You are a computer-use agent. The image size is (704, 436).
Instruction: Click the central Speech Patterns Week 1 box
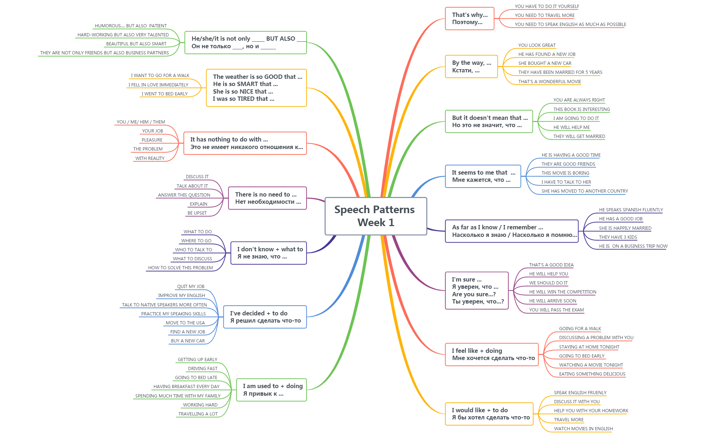[376, 216]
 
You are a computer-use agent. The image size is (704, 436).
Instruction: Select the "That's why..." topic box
[469, 18]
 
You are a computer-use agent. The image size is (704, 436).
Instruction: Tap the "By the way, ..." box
[471, 67]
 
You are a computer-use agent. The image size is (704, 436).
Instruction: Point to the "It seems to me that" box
[483, 176]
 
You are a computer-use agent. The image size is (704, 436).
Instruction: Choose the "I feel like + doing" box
[491, 354]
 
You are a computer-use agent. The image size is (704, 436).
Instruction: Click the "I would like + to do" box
[489, 414]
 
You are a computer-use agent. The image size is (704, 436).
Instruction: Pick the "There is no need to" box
[267, 198]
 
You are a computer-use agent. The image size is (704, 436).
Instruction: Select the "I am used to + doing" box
[271, 390]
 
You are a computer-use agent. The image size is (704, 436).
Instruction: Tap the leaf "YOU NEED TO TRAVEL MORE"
[544, 15]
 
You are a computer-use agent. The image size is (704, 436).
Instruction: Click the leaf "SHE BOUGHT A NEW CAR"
[545, 63]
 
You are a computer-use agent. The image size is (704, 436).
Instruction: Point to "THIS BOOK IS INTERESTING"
[581, 109]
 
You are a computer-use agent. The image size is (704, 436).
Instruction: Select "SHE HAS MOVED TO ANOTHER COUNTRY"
[585, 191]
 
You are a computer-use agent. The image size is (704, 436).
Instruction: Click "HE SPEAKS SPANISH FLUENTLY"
[631, 210]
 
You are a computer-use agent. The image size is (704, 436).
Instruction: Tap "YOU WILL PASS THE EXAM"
[556, 310]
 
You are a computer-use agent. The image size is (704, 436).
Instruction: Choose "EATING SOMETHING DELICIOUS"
[592, 374]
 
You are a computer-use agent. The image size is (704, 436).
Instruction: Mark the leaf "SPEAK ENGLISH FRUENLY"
[580, 393]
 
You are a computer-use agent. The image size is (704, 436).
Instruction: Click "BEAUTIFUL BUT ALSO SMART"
[136, 44]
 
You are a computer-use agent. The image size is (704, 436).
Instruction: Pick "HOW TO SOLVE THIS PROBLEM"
[180, 268]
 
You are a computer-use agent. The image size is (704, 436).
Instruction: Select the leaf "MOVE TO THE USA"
[185, 323]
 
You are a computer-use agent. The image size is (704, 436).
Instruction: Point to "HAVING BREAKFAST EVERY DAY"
[186, 387]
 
